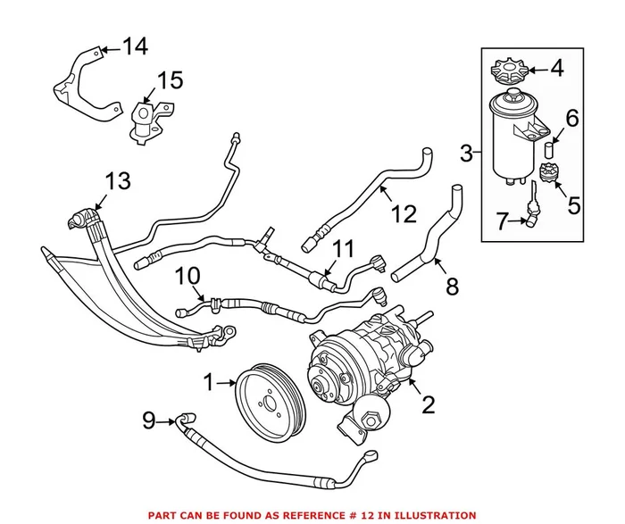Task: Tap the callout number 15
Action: pyautogui.click(x=170, y=81)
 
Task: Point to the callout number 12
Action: pyautogui.click(x=404, y=215)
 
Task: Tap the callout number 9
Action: pyautogui.click(x=148, y=418)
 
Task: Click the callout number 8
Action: pyautogui.click(x=452, y=287)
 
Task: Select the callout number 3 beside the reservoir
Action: pyautogui.click(x=466, y=154)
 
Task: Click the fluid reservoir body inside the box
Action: pyautogui.click(x=512, y=138)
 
